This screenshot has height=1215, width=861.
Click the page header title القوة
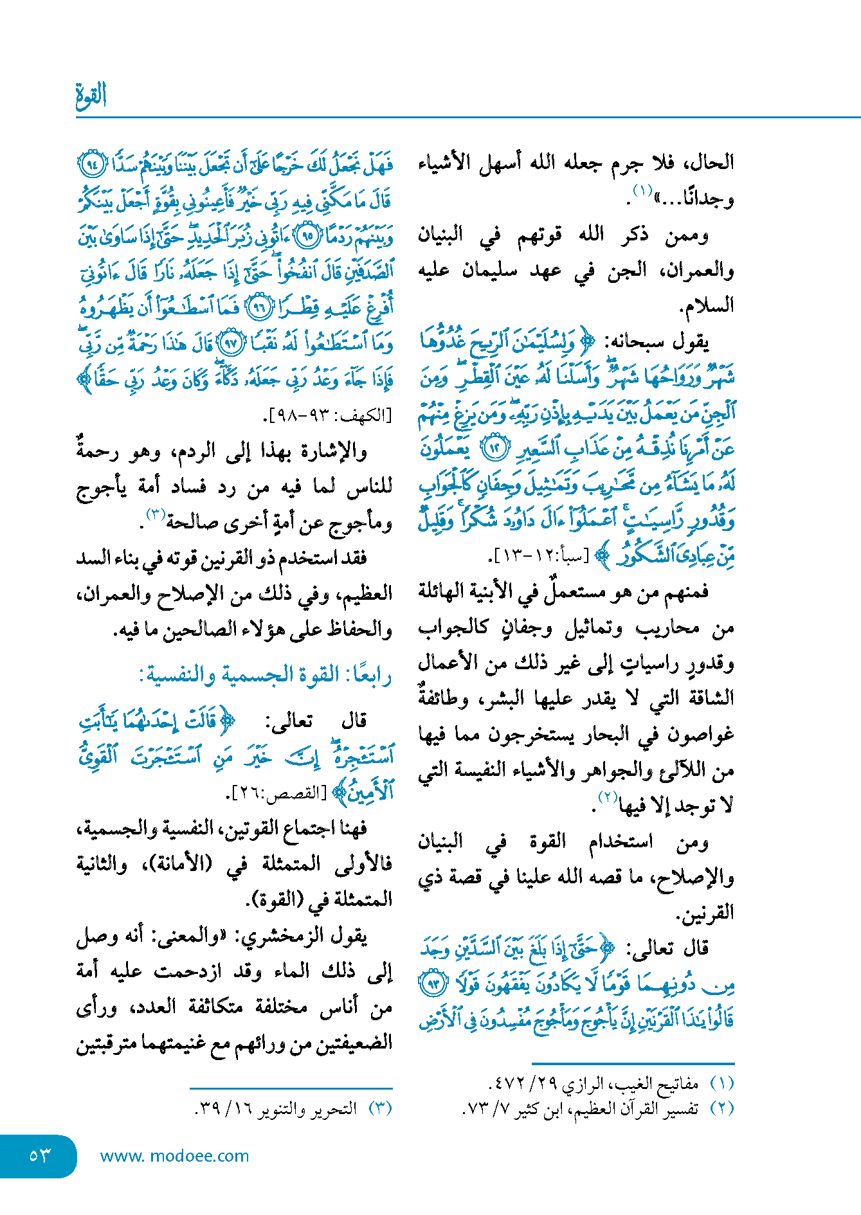(x=91, y=95)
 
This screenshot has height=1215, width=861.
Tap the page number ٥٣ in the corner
(x=39, y=1155)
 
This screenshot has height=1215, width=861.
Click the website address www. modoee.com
(x=174, y=1156)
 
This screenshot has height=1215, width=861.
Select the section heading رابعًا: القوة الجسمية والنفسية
(x=266, y=676)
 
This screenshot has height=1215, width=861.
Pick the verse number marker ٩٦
(x=260, y=308)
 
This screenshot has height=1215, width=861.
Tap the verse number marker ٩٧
(x=229, y=344)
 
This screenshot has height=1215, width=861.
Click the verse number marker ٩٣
(x=433, y=984)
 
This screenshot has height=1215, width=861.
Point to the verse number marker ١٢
(x=496, y=448)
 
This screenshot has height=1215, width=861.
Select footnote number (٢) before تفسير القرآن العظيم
(x=721, y=1109)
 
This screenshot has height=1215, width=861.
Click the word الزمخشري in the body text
(x=277, y=936)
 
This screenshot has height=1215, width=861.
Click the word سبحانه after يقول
(x=637, y=342)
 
